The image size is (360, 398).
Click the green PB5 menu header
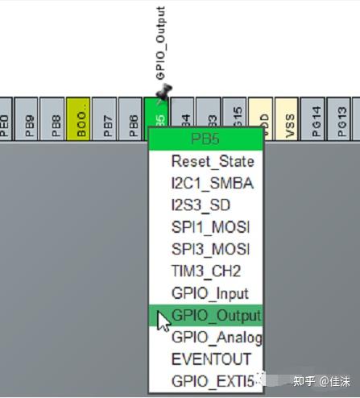click(x=206, y=139)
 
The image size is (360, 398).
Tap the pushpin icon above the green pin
click(x=164, y=92)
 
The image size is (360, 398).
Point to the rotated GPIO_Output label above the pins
click(x=159, y=44)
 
